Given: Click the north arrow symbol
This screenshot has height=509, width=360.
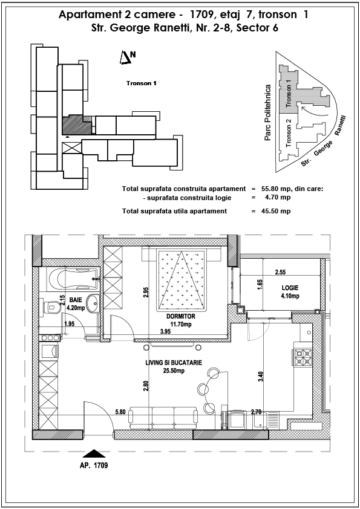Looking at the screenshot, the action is tap(125, 58).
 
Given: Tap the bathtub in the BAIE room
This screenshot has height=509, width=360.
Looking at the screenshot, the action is tap(73, 279).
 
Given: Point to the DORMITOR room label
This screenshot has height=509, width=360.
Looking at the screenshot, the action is tap(181, 317).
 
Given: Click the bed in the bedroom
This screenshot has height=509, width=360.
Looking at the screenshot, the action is tap(182, 279).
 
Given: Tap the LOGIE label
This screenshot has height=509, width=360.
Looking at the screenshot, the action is tap(290, 288).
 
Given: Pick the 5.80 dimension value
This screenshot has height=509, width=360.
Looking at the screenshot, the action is tap(120, 412).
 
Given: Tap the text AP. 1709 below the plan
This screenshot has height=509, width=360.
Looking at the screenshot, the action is tap(94, 465).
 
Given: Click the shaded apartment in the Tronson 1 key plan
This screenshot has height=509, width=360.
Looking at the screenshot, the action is tap(76, 125).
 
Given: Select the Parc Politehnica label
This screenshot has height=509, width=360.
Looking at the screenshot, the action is tap(267, 112).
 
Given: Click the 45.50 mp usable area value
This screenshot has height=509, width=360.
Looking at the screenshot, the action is tap(276, 212).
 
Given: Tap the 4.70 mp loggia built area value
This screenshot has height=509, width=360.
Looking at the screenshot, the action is tap(278, 197).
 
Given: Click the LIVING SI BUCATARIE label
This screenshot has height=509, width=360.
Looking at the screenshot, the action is tap(174, 363).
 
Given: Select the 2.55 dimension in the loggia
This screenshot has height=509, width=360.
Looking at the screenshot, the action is tap(280, 273).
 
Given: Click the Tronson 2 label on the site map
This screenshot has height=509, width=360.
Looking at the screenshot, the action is tap(288, 133).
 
